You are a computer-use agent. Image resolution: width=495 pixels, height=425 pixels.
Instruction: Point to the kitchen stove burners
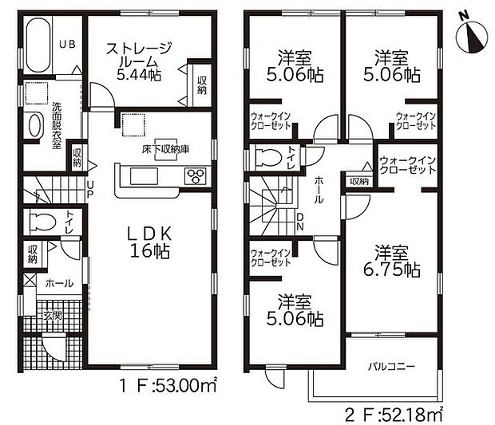click(196, 176)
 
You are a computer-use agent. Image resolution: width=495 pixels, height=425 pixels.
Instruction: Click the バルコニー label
click(390, 367)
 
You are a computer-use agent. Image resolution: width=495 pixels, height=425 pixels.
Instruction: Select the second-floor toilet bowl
click(267, 155)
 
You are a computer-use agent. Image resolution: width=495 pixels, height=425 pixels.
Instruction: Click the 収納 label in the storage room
click(201, 83)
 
